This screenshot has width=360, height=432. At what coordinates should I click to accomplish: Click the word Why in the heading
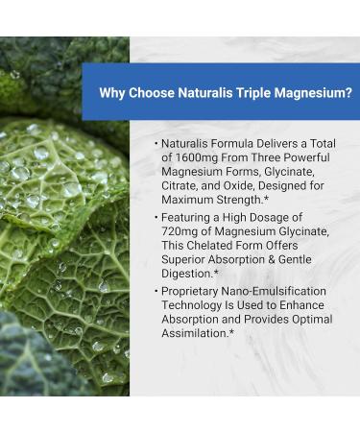point(113,93)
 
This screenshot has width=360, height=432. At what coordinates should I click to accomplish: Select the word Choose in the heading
point(157,93)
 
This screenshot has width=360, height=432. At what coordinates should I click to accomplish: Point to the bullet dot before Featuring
point(154,218)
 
